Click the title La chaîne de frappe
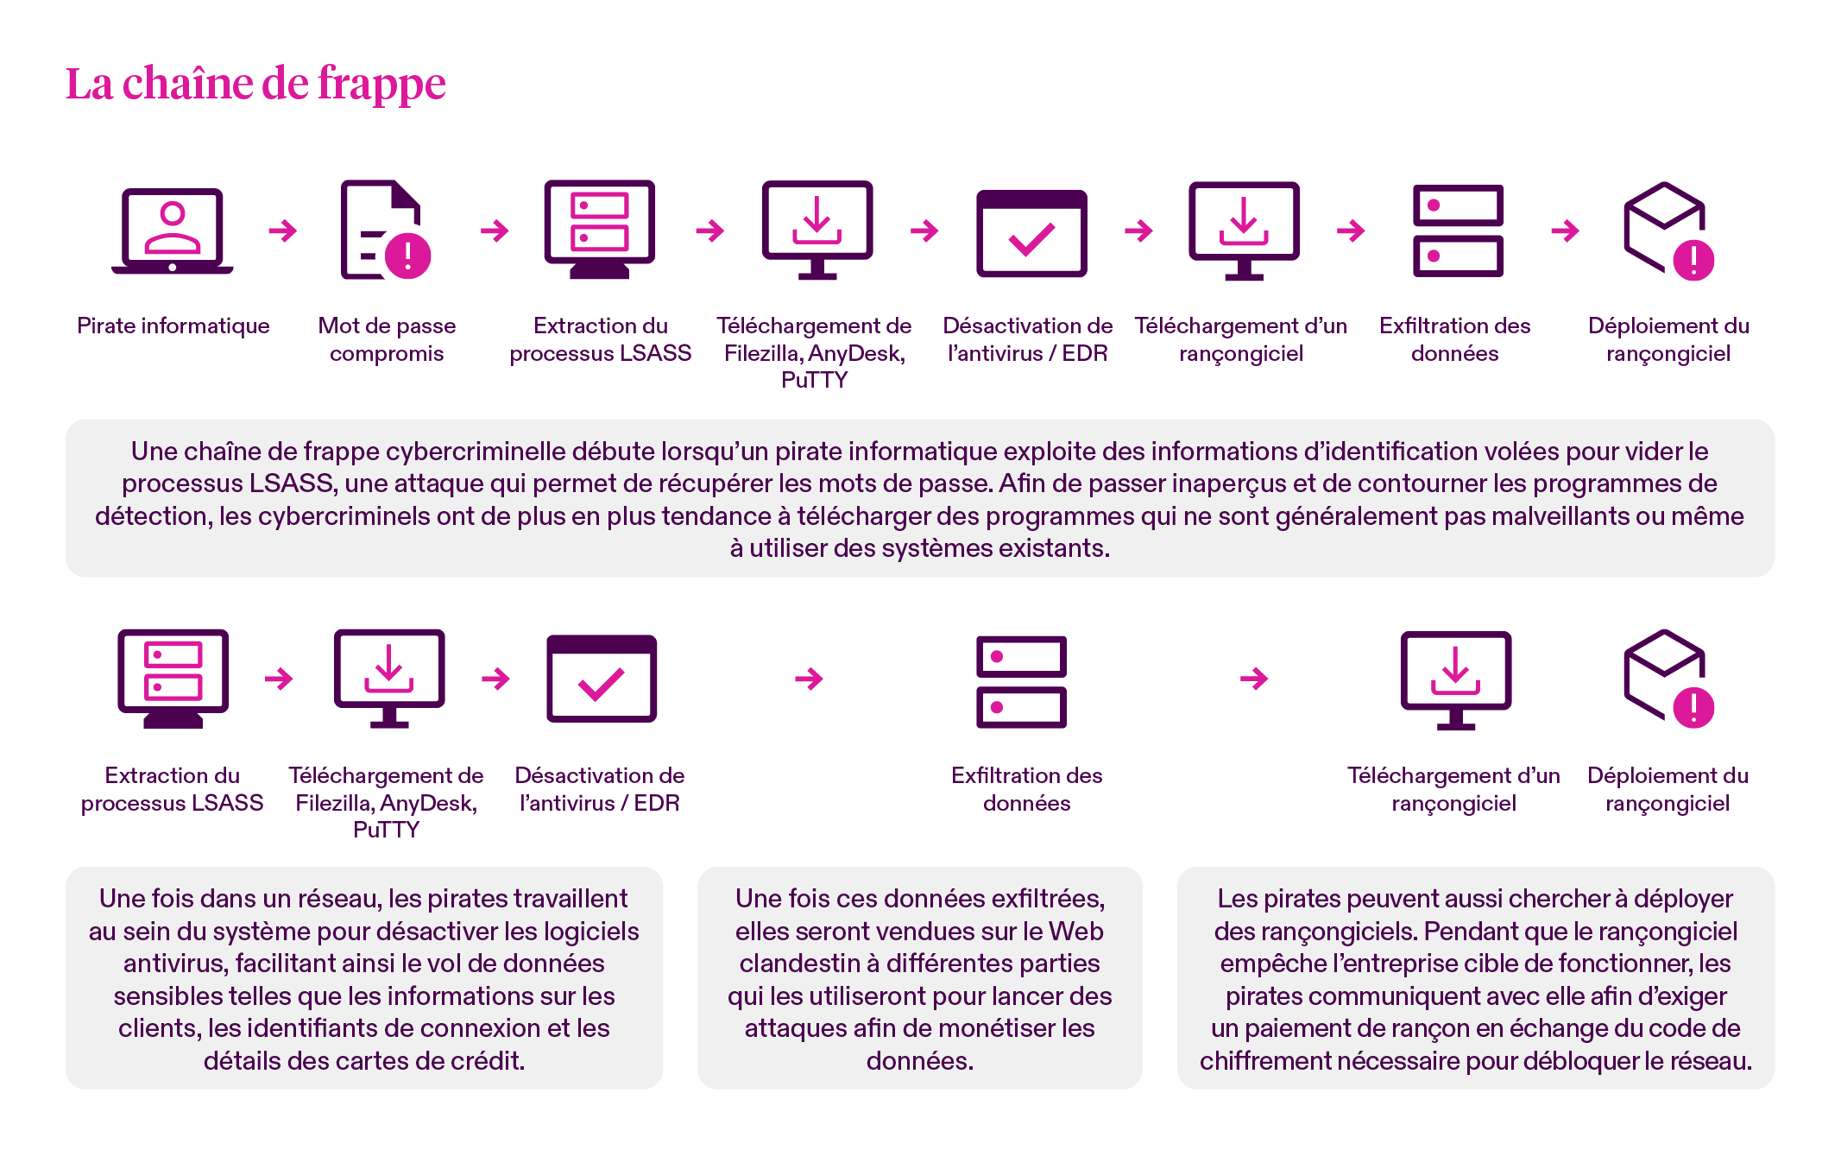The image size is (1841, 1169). (x=255, y=85)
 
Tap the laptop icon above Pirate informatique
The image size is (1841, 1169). (x=173, y=231)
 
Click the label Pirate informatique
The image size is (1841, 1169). (x=173, y=325)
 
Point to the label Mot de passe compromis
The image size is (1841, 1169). (x=387, y=339)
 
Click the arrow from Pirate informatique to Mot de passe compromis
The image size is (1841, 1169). (x=283, y=231)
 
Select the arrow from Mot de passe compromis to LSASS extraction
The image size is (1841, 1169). (x=495, y=231)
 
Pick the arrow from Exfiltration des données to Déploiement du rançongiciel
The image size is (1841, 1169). (x=1565, y=231)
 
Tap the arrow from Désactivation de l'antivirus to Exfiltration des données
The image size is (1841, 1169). (x=809, y=679)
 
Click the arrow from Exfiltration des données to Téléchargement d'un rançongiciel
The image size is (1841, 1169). (x=1254, y=679)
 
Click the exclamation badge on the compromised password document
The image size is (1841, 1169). (x=407, y=256)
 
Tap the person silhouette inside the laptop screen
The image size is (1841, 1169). (x=173, y=228)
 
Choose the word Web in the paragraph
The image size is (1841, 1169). (x=1076, y=932)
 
